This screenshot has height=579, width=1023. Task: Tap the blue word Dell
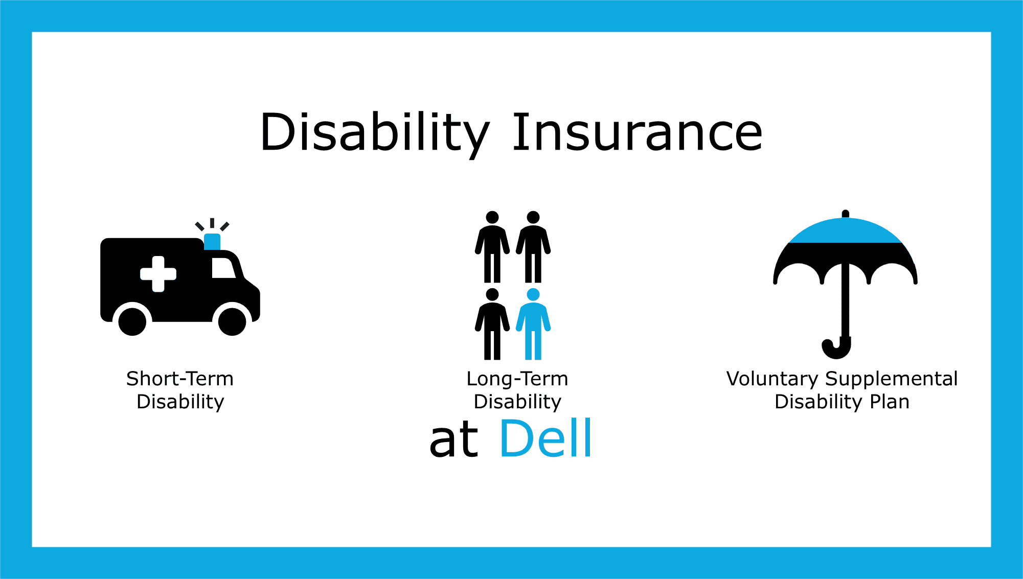545,438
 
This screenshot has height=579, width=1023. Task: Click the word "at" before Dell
453,439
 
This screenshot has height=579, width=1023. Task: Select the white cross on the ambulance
158,274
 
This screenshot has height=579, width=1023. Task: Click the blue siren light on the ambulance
212,241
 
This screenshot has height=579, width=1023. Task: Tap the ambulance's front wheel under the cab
232,321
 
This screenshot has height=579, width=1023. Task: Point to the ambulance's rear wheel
132,321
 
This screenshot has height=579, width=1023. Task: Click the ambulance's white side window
223,268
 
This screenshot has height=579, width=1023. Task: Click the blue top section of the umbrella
845,231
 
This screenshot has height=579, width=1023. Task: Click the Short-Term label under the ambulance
180,379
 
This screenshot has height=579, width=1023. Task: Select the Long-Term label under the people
517,379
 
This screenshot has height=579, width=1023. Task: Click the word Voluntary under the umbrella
772,379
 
